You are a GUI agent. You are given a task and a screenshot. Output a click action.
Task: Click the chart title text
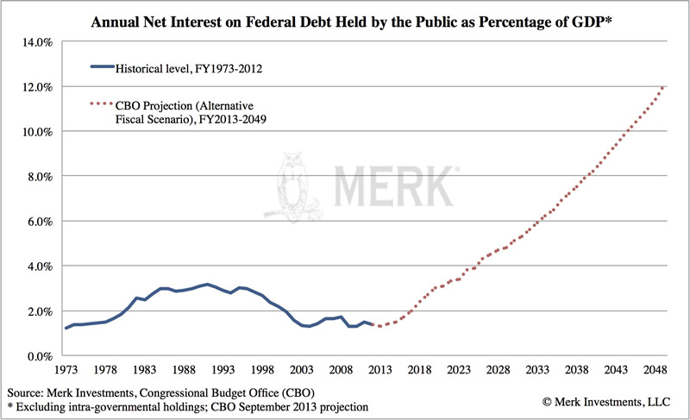pyautogui.click(x=344, y=18)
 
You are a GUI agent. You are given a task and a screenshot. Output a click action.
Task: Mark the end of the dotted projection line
pyautogui.click(x=662, y=87)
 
